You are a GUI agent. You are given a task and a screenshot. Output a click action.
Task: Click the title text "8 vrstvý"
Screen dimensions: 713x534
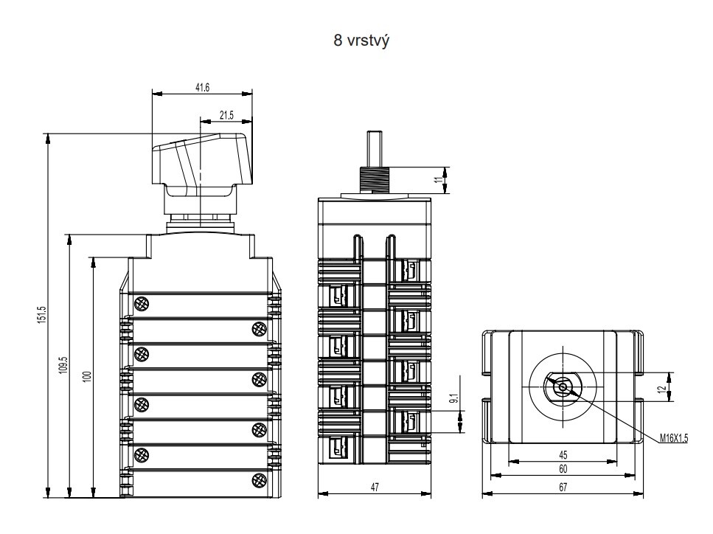click(x=361, y=41)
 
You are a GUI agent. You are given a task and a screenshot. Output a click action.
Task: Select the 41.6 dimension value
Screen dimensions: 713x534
click(x=202, y=88)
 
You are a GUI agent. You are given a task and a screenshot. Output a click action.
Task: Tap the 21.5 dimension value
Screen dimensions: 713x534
click(x=226, y=115)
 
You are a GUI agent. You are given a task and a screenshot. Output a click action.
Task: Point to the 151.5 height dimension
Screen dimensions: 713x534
click(x=42, y=315)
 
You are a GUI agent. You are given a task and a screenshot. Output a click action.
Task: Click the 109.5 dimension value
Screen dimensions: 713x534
click(x=63, y=366)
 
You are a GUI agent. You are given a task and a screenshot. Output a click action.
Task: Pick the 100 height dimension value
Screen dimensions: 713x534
click(x=87, y=376)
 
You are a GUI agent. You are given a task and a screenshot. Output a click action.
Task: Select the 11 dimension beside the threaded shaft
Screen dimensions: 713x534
click(x=439, y=180)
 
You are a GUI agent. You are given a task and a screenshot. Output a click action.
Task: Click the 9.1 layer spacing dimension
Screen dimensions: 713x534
click(x=453, y=398)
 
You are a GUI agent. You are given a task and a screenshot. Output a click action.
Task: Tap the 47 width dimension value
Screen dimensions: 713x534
click(x=375, y=487)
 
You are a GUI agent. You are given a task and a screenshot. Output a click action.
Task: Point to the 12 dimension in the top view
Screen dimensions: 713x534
click(x=663, y=388)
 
